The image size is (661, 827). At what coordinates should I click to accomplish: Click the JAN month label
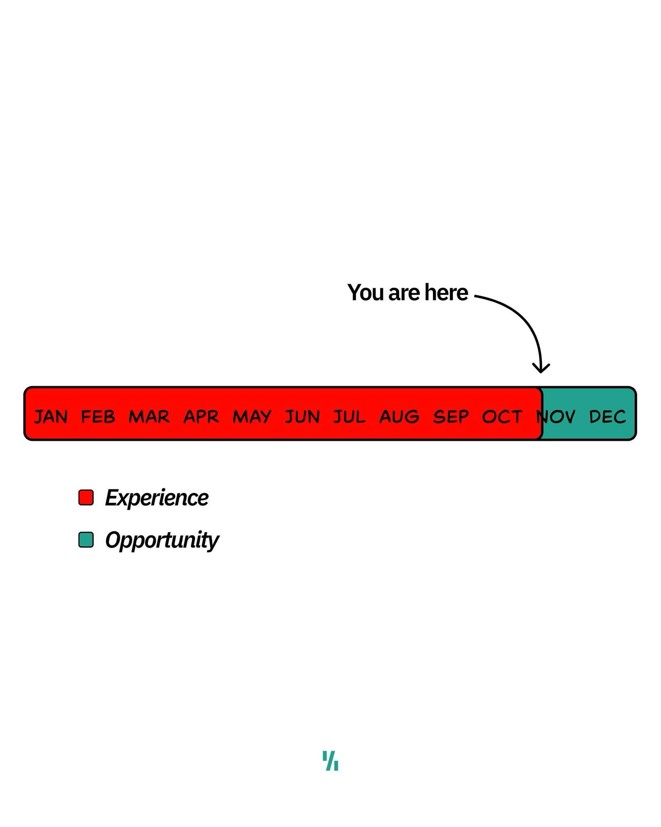pos(51,417)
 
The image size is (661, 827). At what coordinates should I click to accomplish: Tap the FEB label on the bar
pos(98,417)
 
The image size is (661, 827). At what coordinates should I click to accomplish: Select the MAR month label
pos(149,417)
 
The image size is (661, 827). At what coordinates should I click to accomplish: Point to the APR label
pos(201,417)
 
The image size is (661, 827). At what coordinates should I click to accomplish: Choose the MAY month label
pos(252,417)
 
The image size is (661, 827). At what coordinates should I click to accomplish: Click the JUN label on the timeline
pos(302,417)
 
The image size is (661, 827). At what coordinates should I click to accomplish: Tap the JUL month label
pos(350,417)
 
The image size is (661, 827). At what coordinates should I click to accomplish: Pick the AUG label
pos(399,417)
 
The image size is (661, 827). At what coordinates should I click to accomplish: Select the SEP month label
pos(451,417)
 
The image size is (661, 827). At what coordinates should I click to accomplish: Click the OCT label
pos(502,417)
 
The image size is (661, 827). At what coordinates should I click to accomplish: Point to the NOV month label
pos(556,417)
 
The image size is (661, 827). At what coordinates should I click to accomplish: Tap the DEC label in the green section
pos(608,417)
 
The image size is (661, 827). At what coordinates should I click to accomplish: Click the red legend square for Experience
pos(86,497)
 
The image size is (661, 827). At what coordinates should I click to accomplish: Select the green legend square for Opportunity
pos(86,540)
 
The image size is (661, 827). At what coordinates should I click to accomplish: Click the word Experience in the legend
pos(157,497)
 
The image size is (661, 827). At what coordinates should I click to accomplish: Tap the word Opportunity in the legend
pos(162,540)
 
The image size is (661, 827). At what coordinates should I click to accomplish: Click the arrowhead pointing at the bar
pos(541,368)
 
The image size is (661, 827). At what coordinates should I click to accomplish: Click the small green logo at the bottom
pos(330,761)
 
